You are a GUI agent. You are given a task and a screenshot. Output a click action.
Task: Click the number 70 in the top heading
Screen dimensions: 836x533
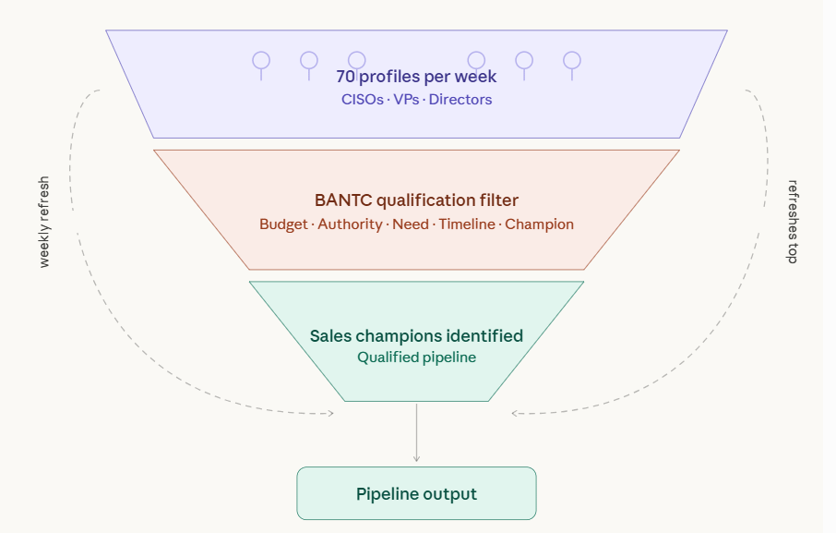click(x=345, y=77)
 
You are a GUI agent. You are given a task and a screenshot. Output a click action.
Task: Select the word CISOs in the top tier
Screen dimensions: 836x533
click(x=363, y=100)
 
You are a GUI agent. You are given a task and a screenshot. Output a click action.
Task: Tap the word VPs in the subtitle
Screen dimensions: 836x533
click(x=406, y=100)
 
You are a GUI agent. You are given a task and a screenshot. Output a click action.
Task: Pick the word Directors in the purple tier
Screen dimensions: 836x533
click(x=460, y=100)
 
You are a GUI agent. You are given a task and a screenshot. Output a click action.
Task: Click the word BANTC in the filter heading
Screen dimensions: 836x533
click(x=343, y=200)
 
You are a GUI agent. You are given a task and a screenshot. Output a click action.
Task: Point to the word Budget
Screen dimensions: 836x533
click(x=283, y=224)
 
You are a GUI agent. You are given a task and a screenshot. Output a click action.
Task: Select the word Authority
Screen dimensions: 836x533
click(x=350, y=224)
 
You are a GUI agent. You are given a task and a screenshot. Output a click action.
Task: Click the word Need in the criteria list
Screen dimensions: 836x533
click(x=411, y=224)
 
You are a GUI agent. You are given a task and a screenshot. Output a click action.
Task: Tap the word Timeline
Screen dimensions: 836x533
click(x=467, y=224)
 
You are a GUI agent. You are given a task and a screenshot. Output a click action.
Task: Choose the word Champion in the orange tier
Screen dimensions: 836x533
click(x=540, y=224)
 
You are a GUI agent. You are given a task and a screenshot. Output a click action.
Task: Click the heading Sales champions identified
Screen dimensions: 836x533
click(x=416, y=336)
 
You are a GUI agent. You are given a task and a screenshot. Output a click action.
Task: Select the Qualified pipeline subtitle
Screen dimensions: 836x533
click(x=416, y=357)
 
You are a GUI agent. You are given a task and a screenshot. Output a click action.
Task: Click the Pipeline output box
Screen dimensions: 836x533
click(x=416, y=493)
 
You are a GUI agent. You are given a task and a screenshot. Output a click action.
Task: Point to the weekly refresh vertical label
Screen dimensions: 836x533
click(x=44, y=222)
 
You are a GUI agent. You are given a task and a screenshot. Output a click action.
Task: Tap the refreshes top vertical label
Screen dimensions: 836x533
click(x=793, y=222)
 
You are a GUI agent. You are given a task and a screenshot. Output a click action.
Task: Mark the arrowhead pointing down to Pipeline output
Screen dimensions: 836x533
click(x=416, y=459)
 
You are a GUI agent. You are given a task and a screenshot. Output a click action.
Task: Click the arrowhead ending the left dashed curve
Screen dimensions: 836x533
click(x=331, y=414)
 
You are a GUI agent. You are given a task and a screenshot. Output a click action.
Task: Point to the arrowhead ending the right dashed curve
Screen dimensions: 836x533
click(x=515, y=414)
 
